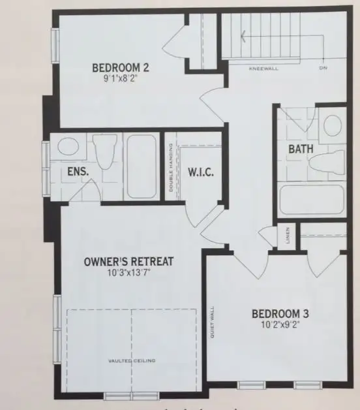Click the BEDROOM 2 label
coord(122,68)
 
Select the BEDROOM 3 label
coord(280,314)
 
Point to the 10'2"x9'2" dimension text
coord(280,325)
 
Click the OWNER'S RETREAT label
coord(129,262)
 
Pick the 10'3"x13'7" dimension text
coord(129,274)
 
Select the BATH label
coord(301,149)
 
